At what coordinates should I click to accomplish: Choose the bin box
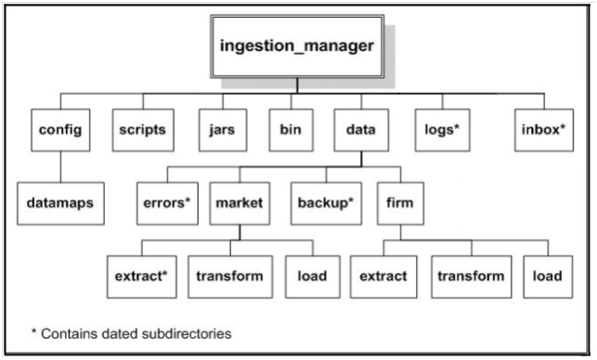(291, 130)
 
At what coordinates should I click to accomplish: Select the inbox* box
(542, 130)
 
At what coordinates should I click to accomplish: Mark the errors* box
(167, 201)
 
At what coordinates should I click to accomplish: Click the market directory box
(240, 201)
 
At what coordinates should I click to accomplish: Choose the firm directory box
(399, 201)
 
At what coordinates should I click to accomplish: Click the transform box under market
(229, 276)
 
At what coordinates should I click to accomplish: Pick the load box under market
(305, 276)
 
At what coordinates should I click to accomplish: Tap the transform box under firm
(471, 276)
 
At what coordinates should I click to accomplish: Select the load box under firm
(546, 276)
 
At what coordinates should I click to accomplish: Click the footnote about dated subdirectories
(131, 331)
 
